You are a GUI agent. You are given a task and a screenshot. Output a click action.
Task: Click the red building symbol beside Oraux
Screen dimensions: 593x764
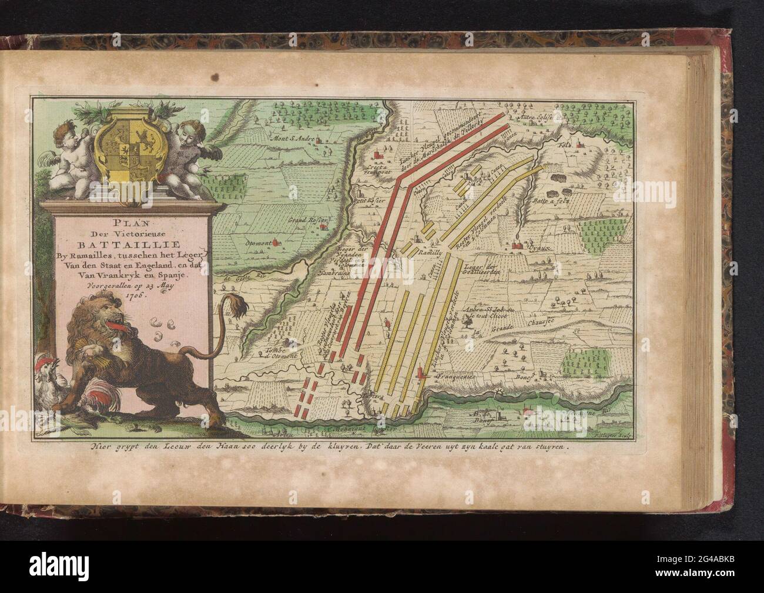click(518, 245)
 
